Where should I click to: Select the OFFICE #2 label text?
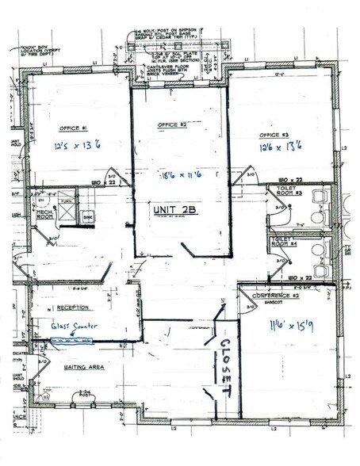(x=170, y=125)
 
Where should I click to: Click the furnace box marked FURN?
(x=67, y=203)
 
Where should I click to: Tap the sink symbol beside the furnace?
(x=89, y=216)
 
